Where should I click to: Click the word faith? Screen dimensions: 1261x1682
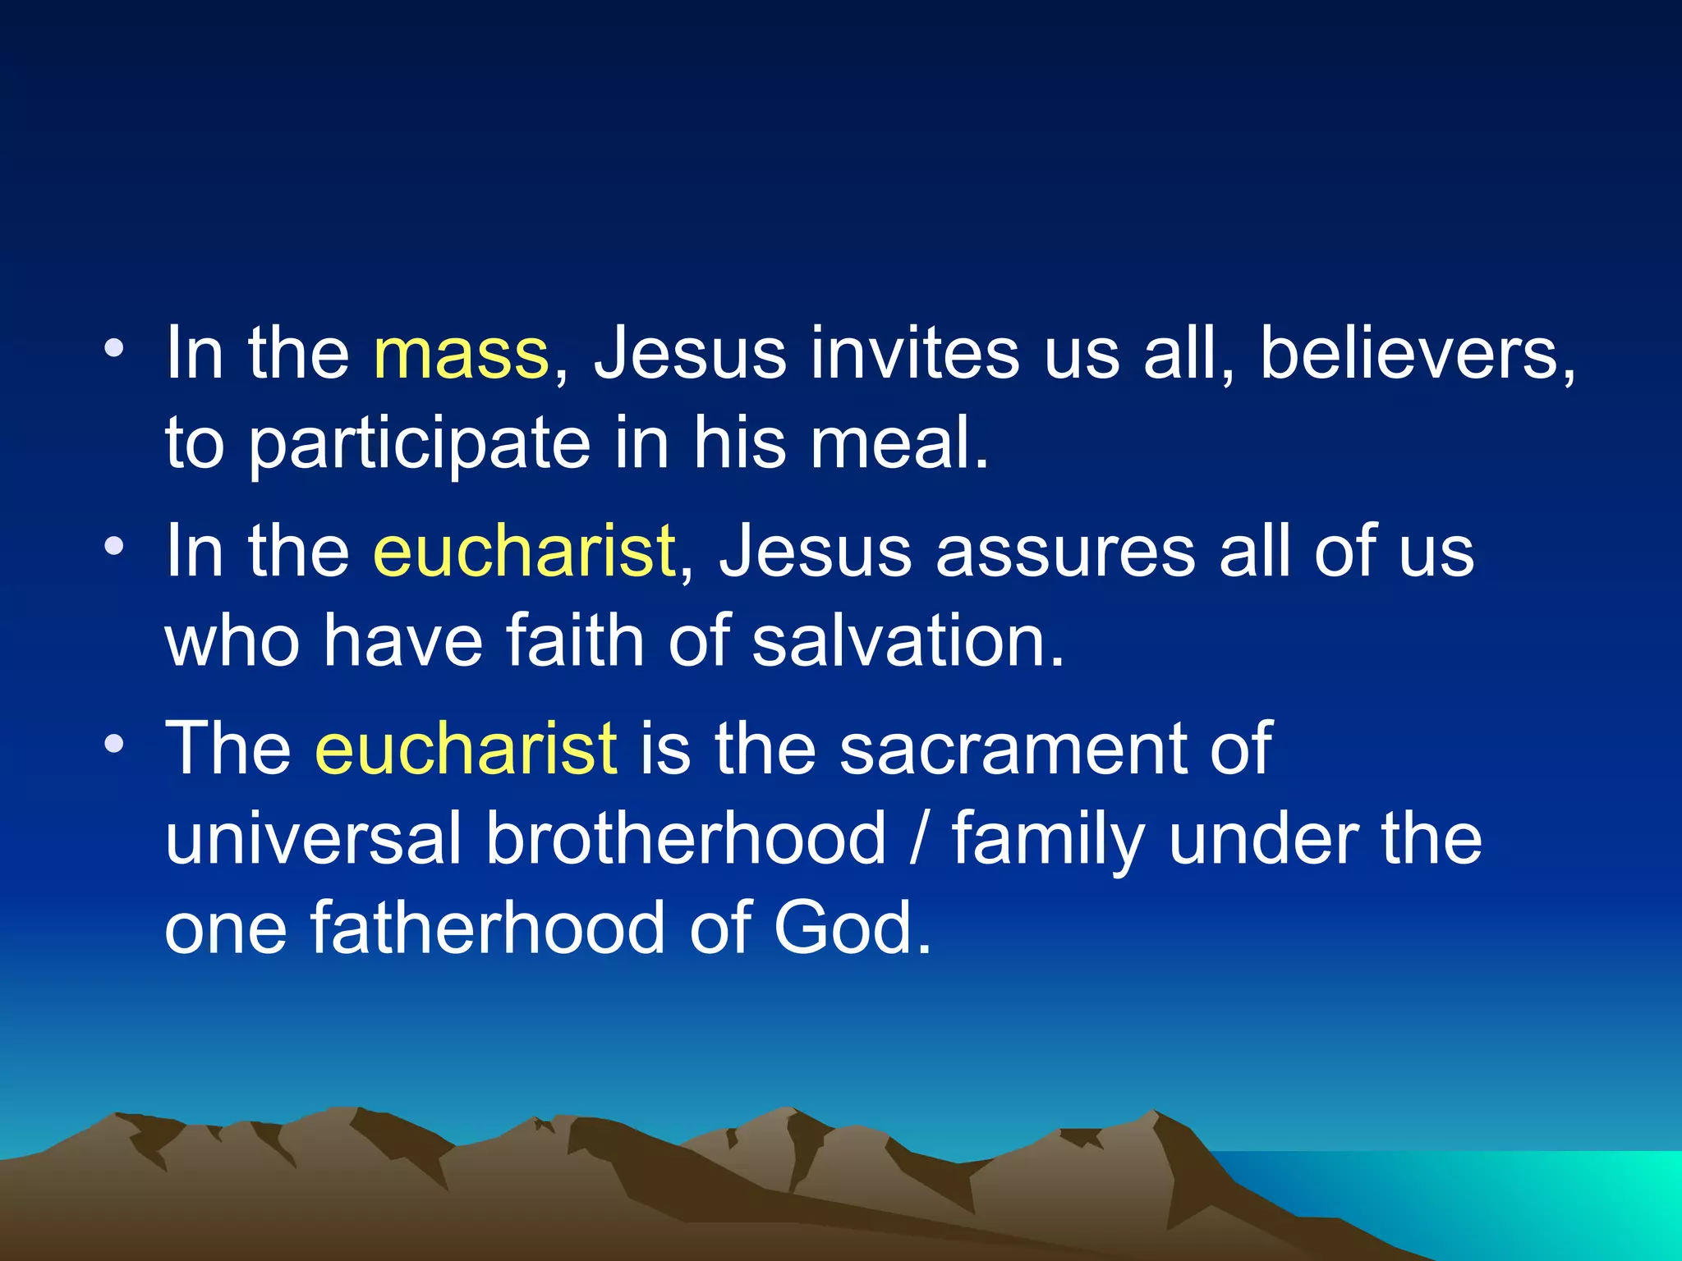(x=574, y=641)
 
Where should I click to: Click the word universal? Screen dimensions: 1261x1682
(x=313, y=839)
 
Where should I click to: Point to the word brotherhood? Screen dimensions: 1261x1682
(x=687, y=839)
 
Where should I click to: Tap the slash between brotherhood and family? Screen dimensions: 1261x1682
(x=919, y=839)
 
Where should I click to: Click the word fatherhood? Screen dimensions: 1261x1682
(x=488, y=929)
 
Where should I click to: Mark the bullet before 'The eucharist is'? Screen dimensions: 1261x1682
(x=114, y=744)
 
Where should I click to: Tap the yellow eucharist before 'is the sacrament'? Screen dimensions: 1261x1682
(x=466, y=749)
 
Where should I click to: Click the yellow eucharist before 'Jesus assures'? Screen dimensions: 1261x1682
(x=524, y=552)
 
